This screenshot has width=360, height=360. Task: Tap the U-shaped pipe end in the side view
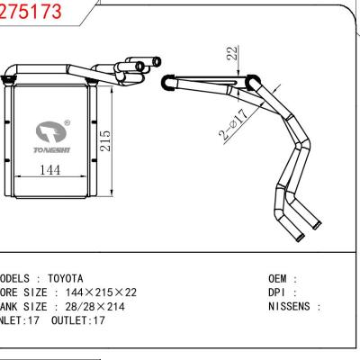pyautogui.click(x=168, y=83)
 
